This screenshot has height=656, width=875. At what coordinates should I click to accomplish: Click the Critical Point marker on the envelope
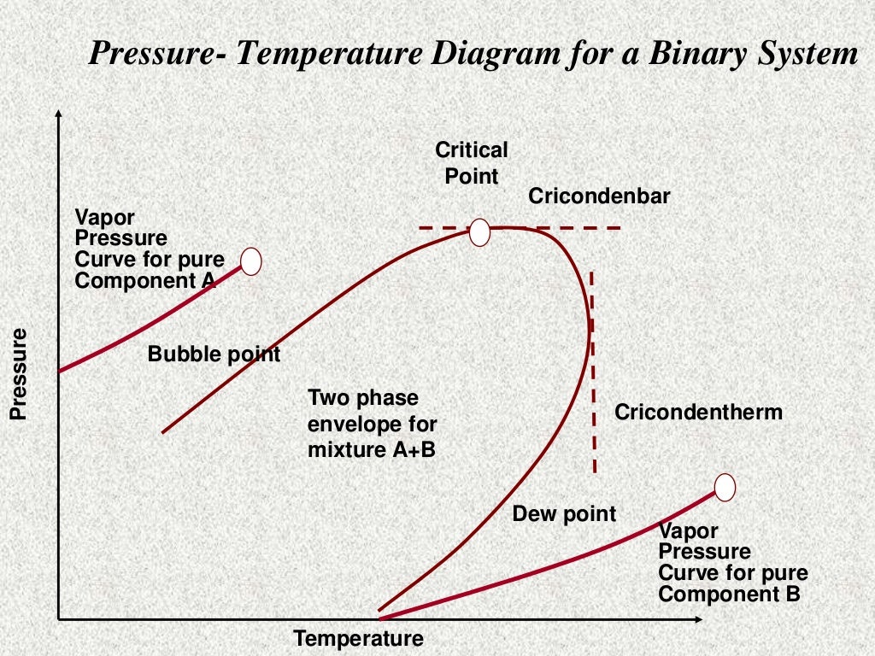tap(479, 231)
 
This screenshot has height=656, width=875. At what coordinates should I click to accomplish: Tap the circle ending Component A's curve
tap(250, 261)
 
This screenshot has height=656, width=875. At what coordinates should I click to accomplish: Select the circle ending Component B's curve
tap(725, 487)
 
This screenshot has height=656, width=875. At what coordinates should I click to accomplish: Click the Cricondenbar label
tap(599, 196)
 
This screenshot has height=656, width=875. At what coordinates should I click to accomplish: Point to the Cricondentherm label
tap(698, 413)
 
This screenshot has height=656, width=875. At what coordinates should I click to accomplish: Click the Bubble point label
tap(214, 354)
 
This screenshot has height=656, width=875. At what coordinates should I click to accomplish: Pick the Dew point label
tap(564, 514)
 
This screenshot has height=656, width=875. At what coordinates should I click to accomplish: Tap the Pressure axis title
tap(18, 374)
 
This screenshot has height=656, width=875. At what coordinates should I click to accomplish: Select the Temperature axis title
tap(358, 639)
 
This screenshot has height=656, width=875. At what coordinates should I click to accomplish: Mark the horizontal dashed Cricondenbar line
tap(590, 228)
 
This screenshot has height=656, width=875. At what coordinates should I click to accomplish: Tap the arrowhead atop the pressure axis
tap(58, 116)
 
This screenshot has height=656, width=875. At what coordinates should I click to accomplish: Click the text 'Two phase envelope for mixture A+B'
tap(372, 423)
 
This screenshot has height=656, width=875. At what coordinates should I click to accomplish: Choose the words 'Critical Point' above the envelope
tap(472, 163)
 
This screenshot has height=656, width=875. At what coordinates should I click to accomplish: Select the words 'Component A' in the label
tap(144, 280)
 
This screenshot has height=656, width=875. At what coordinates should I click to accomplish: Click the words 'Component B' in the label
tap(729, 594)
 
